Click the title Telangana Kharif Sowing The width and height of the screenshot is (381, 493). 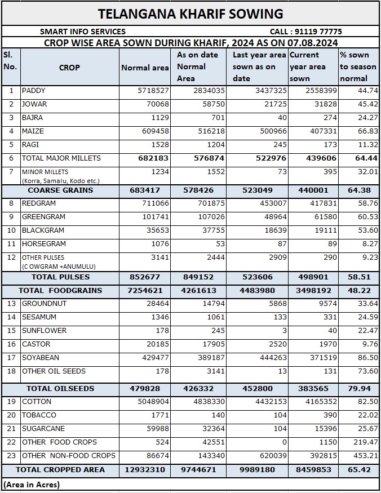pyautogui.click(x=191, y=14)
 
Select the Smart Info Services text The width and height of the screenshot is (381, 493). pyautogui.click(x=83, y=32)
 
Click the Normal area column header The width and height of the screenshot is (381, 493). pyautogui.click(x=145, y=68)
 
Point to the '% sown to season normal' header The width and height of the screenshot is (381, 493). pyautogui.click(x=358, y=66)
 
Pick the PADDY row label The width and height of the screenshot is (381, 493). pyautogui.click(x=34, y=91)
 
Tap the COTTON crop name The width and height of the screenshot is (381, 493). pyautogui.click(x=37, y=402)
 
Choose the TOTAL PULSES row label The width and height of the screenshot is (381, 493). pyautogui.click(x=60, y=277)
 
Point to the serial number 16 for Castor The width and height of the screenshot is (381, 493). pyautogui.click(x=11, y=344)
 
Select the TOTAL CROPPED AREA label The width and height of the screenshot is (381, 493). pyautogui.click(x=60, y=469)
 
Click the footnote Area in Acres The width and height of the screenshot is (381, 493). pyautogui.click(x=32, y=484)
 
